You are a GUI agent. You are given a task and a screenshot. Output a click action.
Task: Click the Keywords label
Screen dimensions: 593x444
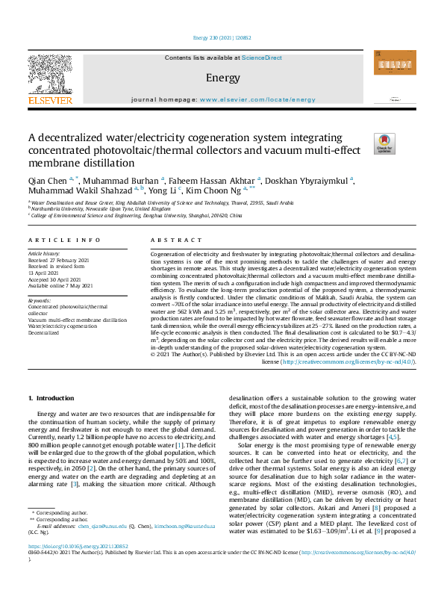[40, 300]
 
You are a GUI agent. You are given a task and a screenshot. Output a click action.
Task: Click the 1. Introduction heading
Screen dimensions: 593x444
[51, 400]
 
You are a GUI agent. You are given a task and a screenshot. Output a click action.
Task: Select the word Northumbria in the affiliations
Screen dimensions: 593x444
[49, 208]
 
